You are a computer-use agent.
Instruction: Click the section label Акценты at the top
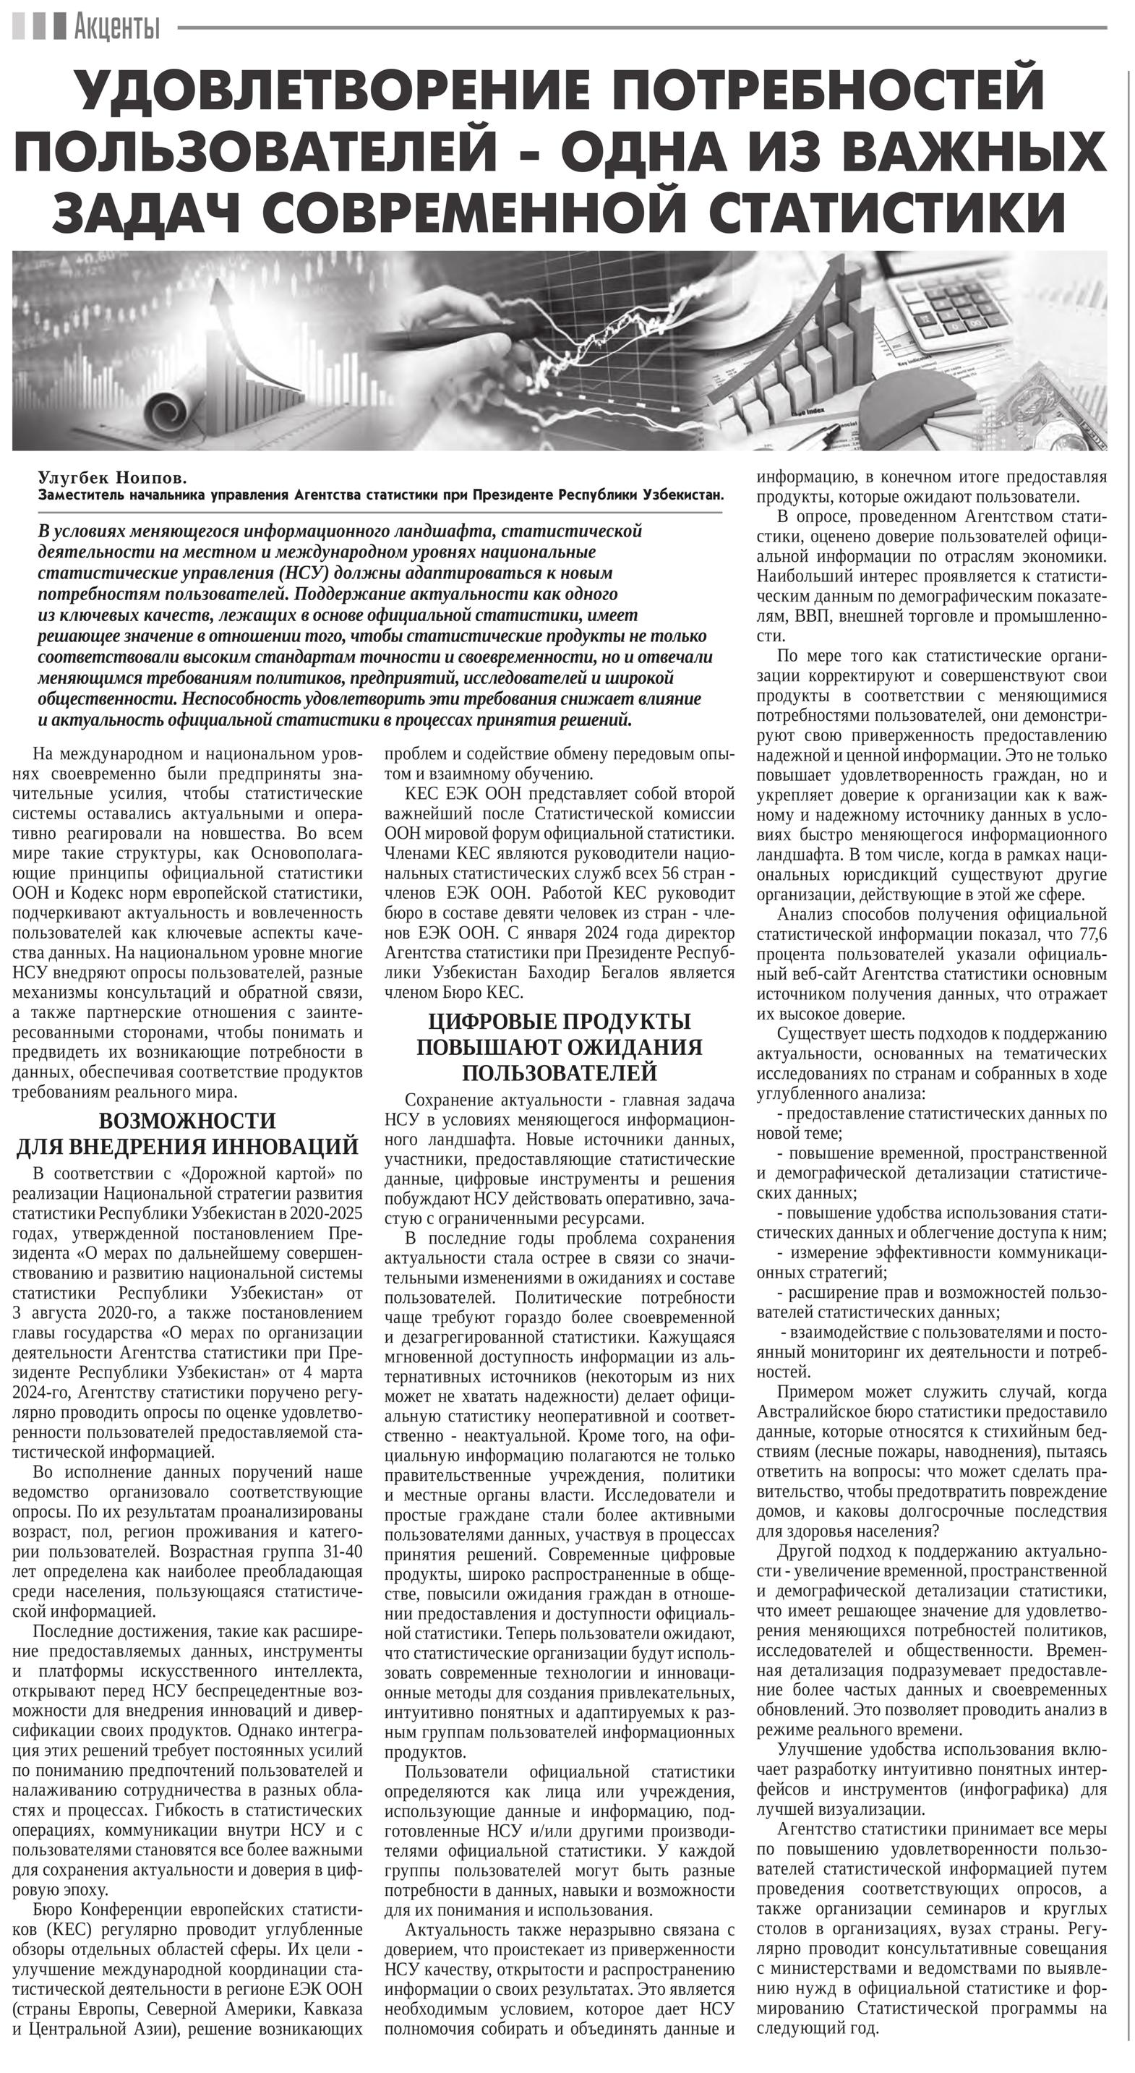[x=116, y=28]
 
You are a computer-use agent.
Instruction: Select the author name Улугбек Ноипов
[x=112, y=478]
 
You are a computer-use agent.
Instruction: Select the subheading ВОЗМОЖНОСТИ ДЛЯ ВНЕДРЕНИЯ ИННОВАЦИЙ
[x=187, y=1133]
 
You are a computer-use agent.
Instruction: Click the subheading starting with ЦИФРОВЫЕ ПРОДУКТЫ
[x=559, y=1047]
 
